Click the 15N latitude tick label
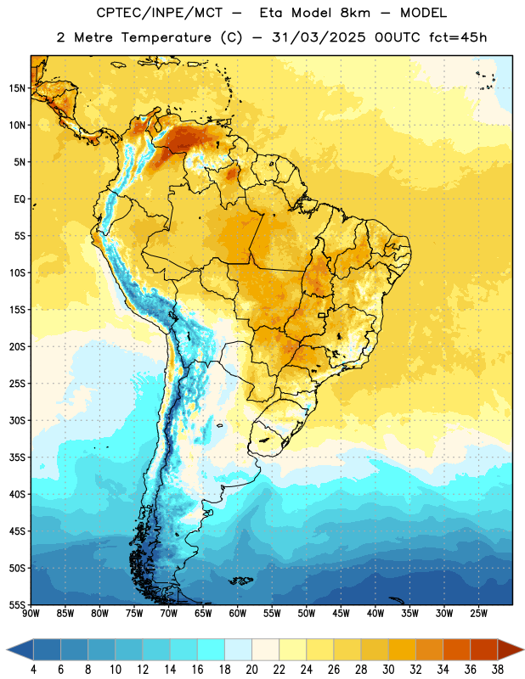pos(17,88)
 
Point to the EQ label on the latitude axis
pos(20,199)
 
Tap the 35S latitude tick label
pos(17,457)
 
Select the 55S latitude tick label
pos(17,604)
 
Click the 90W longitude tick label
pos(31,614)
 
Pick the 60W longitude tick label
pos(238,614)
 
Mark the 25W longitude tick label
pos(478,614)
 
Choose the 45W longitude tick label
pos(341,614)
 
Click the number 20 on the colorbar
pos(251,670)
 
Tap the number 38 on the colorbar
pos(497,670)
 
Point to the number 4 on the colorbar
pos(33,670)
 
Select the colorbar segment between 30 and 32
pos(402,649)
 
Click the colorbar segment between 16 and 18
pos(212,649)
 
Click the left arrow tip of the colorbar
pos(7,649)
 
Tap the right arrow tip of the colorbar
pos(523,649)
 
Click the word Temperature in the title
pos(166,37)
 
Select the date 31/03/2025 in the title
pos(319,37)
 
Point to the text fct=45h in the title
pos(458,37)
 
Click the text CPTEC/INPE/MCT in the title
pos(159,14)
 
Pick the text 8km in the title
pos(355,13)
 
